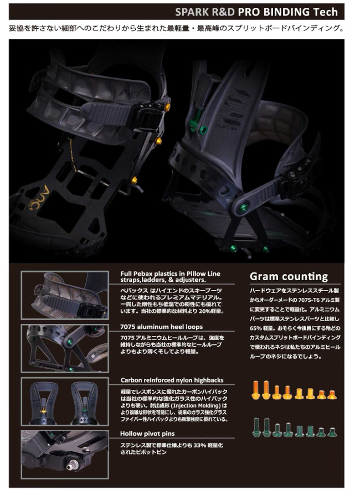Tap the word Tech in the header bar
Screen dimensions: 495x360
pyautogui.click(x=326, y=11)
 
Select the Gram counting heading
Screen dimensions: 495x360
pyautogui.click(x=289, y=276)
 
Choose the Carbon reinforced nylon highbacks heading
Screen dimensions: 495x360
pyautogui.click(x=172, y=380)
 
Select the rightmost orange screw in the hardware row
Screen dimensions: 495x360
pyautogui.click(x=332, y=394)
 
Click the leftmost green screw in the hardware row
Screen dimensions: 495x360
pyautogui.click(x=256, y=426)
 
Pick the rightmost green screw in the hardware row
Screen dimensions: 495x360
pyautogui.click(x=332, y=431)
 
